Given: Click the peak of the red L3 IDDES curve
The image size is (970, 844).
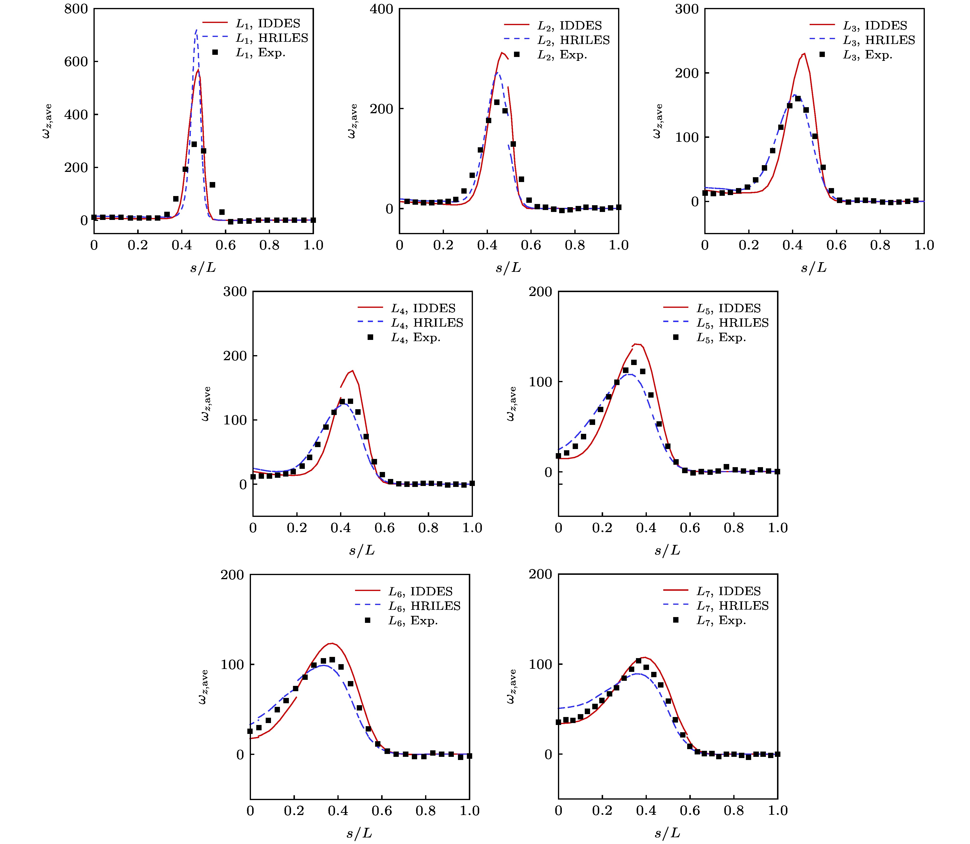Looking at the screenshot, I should [x=804, y=54].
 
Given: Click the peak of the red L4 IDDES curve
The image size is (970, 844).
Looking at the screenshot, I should [x=352, y=371].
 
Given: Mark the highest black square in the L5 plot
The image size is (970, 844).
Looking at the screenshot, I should [x=634, y=362].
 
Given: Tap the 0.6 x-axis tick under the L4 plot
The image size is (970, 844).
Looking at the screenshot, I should [x=385, y=528].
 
